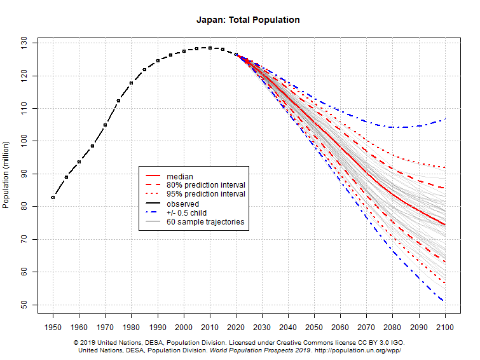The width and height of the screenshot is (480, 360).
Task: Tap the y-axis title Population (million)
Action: [6, 172]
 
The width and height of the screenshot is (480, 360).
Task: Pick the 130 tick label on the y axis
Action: [25, 43]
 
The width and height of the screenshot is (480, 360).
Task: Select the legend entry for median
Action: [180, 176]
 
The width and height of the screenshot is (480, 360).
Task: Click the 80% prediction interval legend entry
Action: [205, 185]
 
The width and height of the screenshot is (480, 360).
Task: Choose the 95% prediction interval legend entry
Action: [205, 194]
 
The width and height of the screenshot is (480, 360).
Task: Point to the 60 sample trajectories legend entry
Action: [205, 222]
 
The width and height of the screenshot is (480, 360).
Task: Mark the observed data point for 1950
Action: [53, 197]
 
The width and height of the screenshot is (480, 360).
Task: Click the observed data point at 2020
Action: [236, 55]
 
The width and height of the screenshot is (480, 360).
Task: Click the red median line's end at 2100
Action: [445, 225]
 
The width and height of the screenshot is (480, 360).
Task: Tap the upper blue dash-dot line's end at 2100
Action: [445, 119]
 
